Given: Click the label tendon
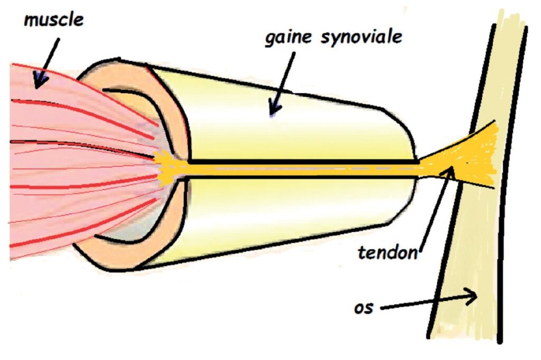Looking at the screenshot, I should tap(387, 252).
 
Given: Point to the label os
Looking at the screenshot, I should tap(365, 307).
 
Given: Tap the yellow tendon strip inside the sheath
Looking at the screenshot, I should tap(296, 169).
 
